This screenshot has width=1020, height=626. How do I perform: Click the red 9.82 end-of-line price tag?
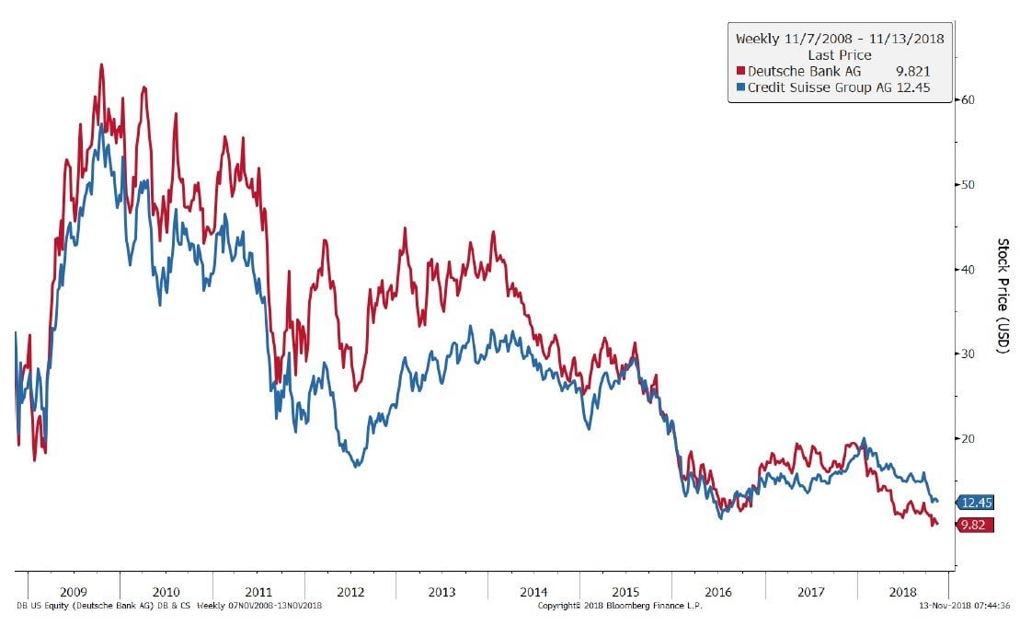[975, 525]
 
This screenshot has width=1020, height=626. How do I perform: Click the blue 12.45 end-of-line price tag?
[975, 503]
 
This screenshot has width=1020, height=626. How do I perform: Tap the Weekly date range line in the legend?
[839, 39]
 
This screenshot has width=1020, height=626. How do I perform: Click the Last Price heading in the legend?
[839, 54]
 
